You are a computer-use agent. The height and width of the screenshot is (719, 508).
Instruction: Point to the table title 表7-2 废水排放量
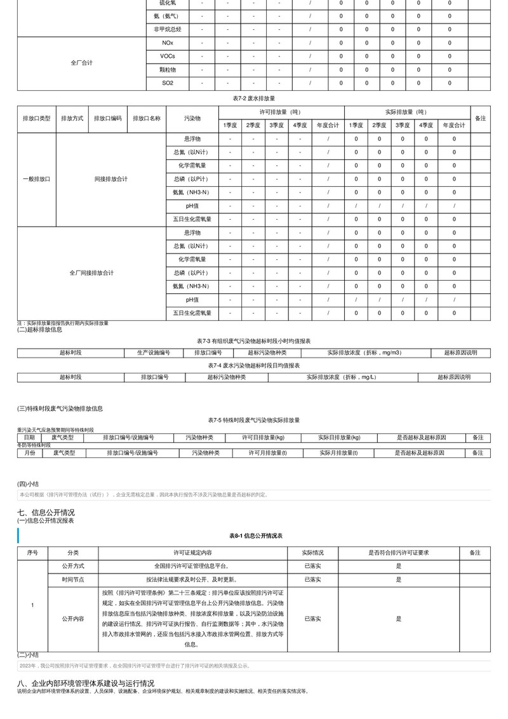(254, 98)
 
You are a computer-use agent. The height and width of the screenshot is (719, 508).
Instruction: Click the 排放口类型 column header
(36, 119)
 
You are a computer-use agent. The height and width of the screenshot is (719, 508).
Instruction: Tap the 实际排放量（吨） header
(406, 112)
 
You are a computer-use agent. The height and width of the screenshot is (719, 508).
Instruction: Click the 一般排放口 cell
(36, 179)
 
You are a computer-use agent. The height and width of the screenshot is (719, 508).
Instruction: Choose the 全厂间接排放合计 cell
(91, 272)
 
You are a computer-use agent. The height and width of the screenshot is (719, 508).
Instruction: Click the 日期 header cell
(29, 438)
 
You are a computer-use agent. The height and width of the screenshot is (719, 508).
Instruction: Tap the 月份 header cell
(29, 453)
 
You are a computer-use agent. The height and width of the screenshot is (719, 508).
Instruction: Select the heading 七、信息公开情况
(46, 512)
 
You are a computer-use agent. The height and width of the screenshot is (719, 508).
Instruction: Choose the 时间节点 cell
(73, 579)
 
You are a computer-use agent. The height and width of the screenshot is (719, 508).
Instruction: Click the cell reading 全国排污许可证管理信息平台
(192, 566)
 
